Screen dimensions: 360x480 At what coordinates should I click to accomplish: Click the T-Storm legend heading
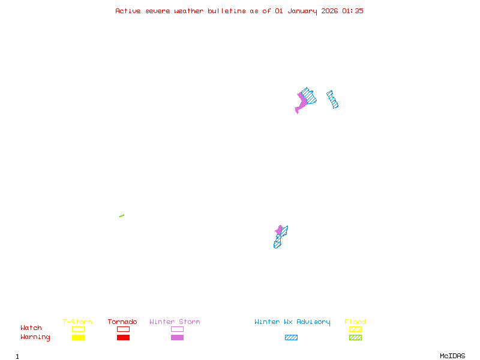point(77,322)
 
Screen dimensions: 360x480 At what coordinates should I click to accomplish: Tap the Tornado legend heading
point(122,322)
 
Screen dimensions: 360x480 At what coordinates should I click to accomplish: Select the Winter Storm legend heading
point(175,322)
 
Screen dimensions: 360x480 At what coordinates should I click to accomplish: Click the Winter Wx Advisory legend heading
point(292,322)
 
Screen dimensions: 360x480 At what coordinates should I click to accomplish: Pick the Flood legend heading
point(355,322)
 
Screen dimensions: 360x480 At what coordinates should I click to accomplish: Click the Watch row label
point(31,328)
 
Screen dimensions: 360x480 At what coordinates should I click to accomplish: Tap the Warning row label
point(35,337)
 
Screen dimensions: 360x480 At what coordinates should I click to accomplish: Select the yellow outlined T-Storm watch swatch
point(78,329)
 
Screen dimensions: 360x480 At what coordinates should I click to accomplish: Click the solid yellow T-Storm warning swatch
point(78,338)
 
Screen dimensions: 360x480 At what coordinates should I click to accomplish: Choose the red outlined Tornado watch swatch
point(123,329)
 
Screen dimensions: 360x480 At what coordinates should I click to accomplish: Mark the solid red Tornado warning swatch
point(123,338)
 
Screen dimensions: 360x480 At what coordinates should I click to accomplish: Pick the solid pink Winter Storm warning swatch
point(177,338)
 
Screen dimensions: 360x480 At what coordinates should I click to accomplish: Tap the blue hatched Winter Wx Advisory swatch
point(291,338)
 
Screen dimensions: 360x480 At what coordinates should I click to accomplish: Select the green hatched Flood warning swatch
point(355,338)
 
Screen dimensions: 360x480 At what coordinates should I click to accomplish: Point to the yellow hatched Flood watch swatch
point(355,329)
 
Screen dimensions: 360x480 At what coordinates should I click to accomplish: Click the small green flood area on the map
point(121,216)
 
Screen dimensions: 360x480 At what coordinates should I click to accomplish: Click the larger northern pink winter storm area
point(301,101)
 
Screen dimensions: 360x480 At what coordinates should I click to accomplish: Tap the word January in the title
point(300,11)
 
